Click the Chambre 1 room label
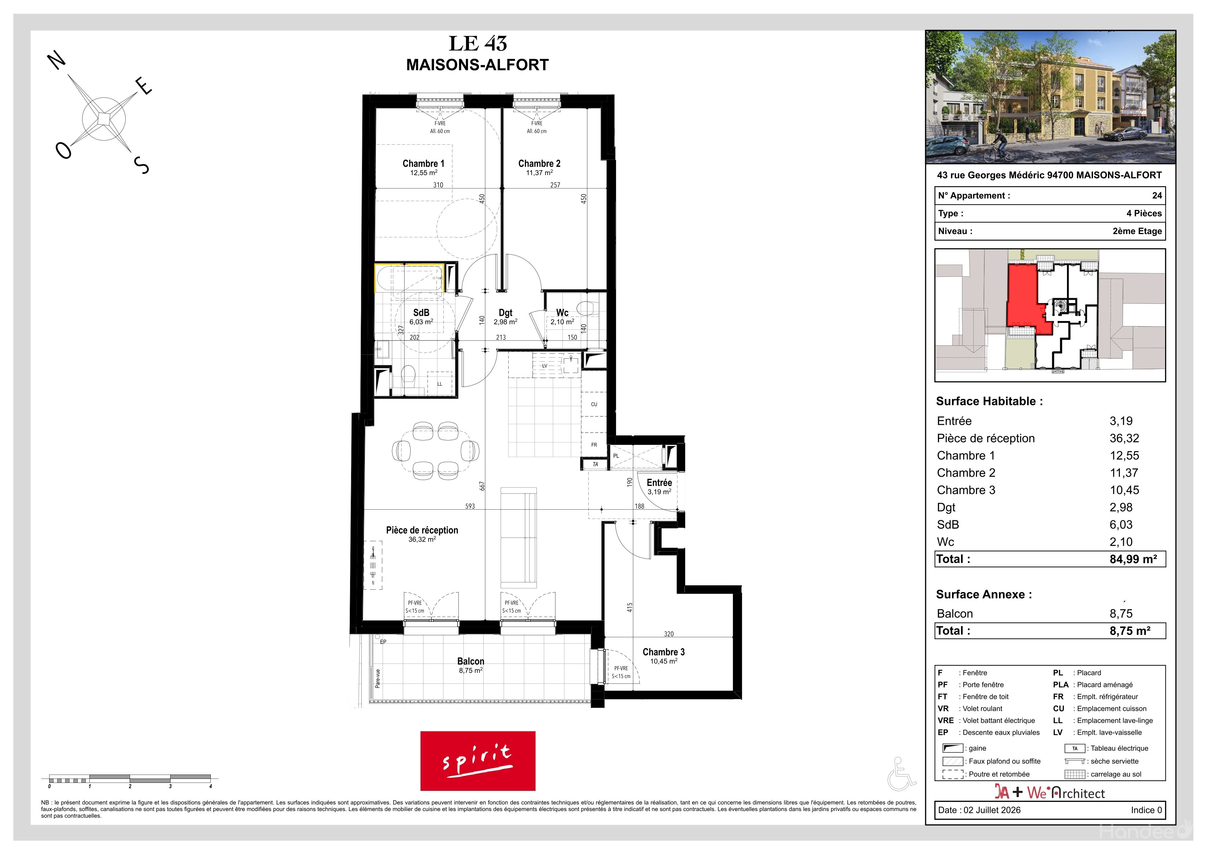click(423, 164)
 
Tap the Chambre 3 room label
click(664, 652)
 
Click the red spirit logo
click(478, 761)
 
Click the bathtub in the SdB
click(409, 278)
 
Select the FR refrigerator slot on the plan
click(594, 445)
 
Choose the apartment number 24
click(1157, 195)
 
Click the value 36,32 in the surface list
click(1124, 438)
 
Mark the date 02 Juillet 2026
click(992, 810)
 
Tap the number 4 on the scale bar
click(211, 787)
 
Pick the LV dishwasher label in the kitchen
click(545, 366)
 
